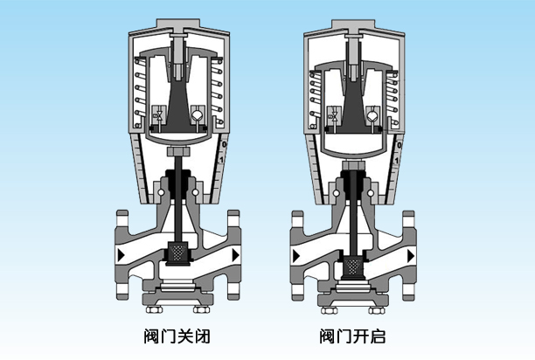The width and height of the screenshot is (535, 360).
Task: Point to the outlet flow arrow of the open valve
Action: pos(411,254)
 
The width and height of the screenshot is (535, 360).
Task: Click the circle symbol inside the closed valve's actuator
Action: pos(198,115)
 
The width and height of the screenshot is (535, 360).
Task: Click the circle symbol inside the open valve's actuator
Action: pos(373,114)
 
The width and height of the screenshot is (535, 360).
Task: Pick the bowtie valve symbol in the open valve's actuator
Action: pos(333,114)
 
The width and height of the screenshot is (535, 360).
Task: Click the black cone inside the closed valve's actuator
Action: pos(178,105)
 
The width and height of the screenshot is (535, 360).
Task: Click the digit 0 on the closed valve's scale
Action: pos(225,143)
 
